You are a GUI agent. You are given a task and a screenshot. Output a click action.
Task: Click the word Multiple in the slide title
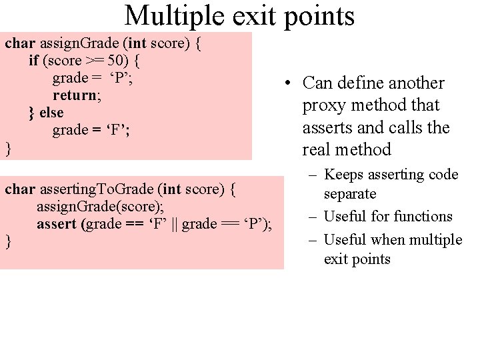point(166,15)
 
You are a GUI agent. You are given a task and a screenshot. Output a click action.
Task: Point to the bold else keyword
point(51,113)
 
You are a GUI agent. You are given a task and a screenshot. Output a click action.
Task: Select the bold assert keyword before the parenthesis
point(57,224)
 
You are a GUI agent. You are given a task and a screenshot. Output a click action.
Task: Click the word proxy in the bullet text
point(322,105)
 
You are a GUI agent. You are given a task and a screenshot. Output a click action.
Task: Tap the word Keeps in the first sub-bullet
point(343,175)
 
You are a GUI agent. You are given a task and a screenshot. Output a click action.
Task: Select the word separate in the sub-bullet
point(351,194)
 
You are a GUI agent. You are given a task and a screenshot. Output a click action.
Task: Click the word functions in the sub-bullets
point(421,216)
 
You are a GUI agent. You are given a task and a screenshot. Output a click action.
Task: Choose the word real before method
point(317,149)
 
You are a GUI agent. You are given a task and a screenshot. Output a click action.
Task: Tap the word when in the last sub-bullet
point(395,239)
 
